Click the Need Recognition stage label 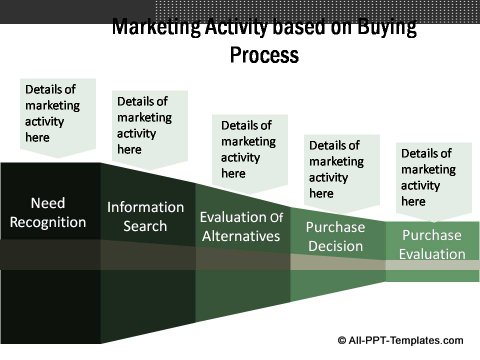[48, 212]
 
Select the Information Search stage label [146, 217]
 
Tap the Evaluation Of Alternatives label [240, 226]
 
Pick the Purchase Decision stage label [336, 236]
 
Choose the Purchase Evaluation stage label [433, 244]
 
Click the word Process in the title [264, 55]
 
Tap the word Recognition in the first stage [48, 222]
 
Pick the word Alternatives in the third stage [240, 236]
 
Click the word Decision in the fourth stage [336, 246]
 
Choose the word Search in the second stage [146, 227]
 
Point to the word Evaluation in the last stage [433, 254]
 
